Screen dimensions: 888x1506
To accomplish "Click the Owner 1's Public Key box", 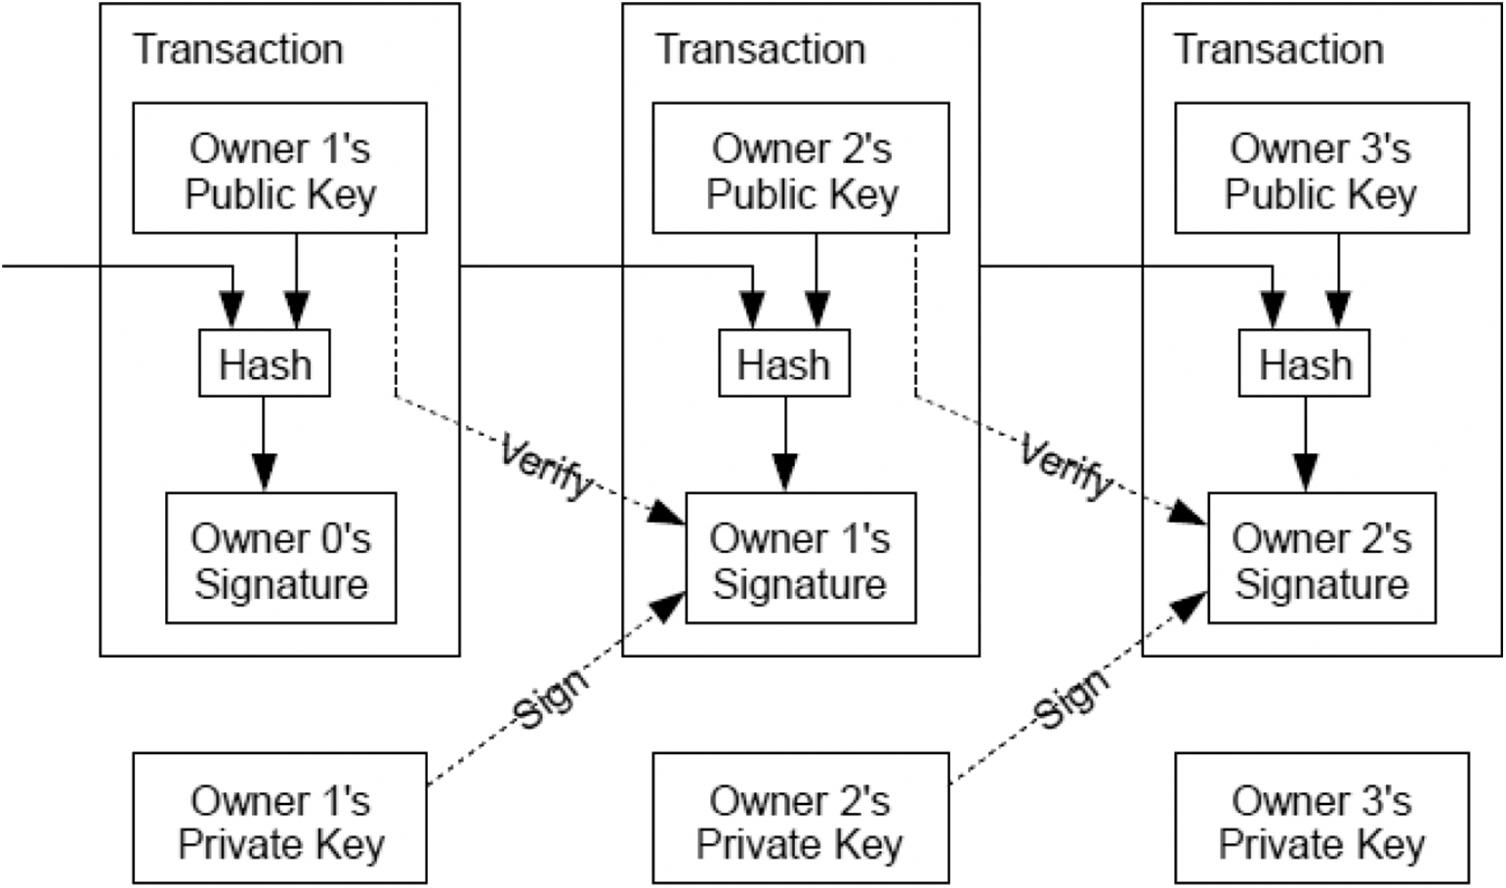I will point(279,168).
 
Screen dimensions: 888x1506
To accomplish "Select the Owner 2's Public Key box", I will point(801,168).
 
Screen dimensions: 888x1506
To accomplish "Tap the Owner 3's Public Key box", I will point(1321,168).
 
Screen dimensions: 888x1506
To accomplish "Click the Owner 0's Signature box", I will point(280,558).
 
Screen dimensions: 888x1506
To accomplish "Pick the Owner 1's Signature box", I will point(800,558).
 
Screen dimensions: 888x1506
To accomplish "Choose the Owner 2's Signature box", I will point(1321,558).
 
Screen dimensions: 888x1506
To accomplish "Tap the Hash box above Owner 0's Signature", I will point(265,363).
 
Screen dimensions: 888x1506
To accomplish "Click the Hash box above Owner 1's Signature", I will point(784,363).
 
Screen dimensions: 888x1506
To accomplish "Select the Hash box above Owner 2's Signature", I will point(1305,363).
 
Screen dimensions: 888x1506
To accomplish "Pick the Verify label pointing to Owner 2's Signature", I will point(1067,466).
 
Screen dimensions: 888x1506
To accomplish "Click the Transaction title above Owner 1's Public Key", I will point(238,49).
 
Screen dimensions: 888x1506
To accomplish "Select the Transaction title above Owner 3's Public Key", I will point(1278,49).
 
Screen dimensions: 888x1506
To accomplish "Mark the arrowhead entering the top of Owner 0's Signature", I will point(264,473).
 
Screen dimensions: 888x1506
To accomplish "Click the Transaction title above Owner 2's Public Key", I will point(760,49).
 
